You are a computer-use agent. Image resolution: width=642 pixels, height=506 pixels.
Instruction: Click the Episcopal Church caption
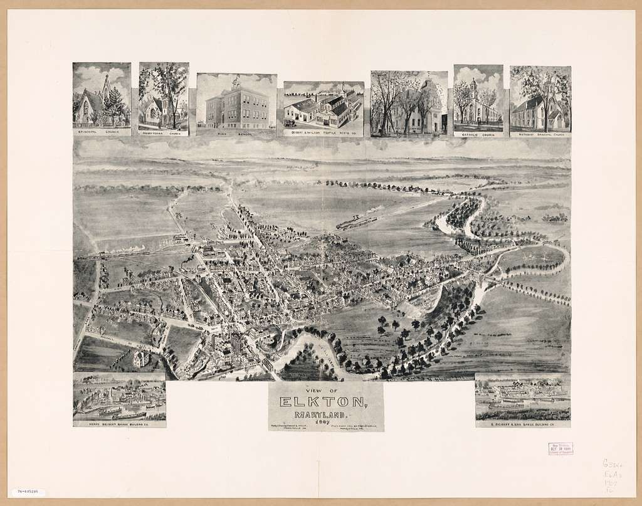pyautogui.click(x=102, y=132)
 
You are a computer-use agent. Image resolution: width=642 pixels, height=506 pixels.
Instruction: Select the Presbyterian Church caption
pyautogui.click(x=164, y=132)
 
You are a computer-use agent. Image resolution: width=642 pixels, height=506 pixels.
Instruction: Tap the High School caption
pyautogui.click(x=236, y=133)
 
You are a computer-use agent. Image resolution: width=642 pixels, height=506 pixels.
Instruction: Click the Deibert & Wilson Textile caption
pyautogui.click(x=324, y=133)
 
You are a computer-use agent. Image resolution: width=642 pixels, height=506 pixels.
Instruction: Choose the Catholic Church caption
pyautogui.click(x=478, y=133)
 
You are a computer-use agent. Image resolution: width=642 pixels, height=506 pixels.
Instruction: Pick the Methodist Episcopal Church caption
pyautogui.click(x=540, y=134)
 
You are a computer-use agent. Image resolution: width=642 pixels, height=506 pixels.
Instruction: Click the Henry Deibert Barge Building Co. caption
pyautogui.click(x=119, y=423)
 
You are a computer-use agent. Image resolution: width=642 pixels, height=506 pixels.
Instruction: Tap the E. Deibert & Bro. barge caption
pyautogui.click(x=522, y=424)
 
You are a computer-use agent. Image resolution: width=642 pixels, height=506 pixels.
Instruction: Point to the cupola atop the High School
pyautogui.click(x=236, y=82)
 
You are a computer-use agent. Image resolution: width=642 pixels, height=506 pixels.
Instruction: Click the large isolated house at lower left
pyautogui.click(x=141, y=358)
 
